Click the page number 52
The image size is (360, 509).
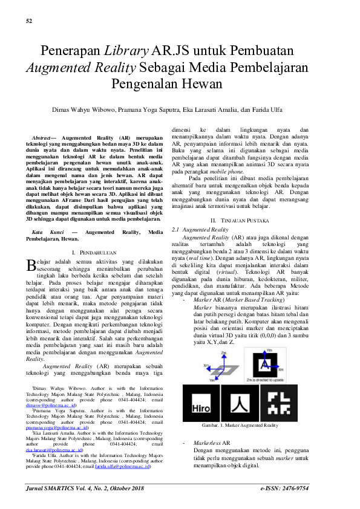(29, 22)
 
